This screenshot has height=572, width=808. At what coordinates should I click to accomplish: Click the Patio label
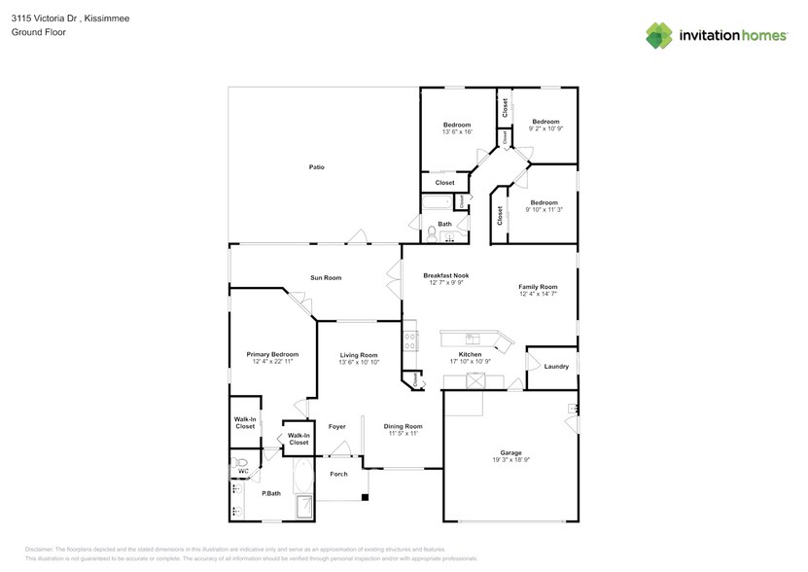[x=316, y=167]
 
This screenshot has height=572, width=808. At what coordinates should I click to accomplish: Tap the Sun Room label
[x=326, y=278]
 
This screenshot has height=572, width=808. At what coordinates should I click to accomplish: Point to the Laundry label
[x=556, y=367]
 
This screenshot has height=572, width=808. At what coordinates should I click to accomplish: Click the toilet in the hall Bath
[x=431, y=232]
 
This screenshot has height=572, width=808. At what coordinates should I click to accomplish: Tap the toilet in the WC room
[x=241, y=463]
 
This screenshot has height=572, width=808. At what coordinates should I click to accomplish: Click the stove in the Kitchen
[x=410, y=340]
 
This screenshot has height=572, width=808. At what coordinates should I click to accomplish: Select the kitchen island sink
[x=472, y=339]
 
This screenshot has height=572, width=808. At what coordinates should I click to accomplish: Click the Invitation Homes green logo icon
[x=659, y=36]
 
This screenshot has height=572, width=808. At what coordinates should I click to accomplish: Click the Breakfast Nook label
[x=446, y=276]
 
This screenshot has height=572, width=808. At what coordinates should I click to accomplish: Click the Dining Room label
[x=403, y=426]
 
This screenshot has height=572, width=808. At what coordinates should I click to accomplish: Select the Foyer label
[x=336, y=426]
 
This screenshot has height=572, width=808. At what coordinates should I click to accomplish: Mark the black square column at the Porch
[x=365, y=498]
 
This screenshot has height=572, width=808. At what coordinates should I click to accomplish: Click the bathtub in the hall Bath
[x=437, y=203]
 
